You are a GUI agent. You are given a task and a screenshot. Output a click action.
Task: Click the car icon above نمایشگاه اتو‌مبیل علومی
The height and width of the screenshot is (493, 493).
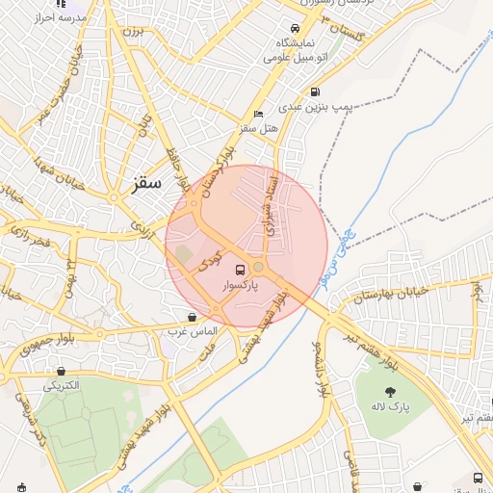(x=295, y=28)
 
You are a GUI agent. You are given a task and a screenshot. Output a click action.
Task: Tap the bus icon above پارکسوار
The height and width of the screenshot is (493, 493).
(x=239, y=270)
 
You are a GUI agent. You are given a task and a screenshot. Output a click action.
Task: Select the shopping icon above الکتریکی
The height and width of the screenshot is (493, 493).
(x=63, y=371)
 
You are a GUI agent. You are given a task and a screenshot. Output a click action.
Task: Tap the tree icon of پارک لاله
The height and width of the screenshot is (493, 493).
(x=391, y=391)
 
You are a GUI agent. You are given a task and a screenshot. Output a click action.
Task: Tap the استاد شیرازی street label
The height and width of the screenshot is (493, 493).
(x=272, y=206)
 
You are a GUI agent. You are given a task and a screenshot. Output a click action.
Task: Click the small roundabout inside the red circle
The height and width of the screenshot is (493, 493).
(x=258, y=267)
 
